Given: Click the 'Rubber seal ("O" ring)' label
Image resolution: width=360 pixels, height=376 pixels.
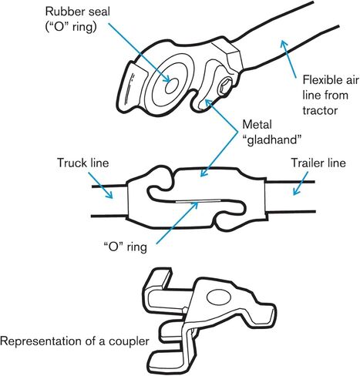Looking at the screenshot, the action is click(78, 19).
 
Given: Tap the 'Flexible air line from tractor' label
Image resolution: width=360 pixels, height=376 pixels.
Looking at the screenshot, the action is click(331, 95).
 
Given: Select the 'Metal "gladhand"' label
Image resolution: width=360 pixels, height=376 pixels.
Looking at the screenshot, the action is click(272, 133).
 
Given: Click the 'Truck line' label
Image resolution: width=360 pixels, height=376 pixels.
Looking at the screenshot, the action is click(82, 163).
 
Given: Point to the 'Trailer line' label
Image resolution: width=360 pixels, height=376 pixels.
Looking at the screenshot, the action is click(318, 163).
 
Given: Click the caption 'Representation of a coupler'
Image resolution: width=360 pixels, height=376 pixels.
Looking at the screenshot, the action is click(75, 341).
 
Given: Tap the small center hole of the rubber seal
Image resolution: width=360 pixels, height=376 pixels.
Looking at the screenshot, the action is click(172, 86).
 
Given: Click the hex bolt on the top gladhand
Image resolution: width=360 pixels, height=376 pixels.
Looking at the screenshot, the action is click(224, 87).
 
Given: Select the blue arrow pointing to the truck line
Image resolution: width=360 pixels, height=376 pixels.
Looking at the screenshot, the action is click(100, 185).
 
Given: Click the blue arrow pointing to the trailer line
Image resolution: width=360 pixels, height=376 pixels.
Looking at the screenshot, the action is click(300, 183).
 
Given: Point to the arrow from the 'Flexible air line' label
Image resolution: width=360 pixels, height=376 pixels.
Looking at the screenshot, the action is click(288, 59).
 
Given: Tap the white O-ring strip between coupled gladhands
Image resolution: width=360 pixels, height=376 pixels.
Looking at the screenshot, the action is click(198, 200).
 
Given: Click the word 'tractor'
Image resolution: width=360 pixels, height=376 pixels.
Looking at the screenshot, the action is click(320, 110).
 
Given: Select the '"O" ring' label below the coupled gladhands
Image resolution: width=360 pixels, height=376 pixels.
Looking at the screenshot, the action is click(125, 247).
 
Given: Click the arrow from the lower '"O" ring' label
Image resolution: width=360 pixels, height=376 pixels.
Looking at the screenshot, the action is click(177, 223).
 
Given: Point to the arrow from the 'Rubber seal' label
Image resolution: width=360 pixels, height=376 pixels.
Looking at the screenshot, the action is click(139, 52).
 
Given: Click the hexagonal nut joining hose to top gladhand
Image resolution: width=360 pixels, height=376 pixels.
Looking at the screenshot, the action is click(227, 55).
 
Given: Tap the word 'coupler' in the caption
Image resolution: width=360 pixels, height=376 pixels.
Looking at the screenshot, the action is click(129, 341).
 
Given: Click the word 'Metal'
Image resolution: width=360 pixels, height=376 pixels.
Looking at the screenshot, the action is click(257, 125).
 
